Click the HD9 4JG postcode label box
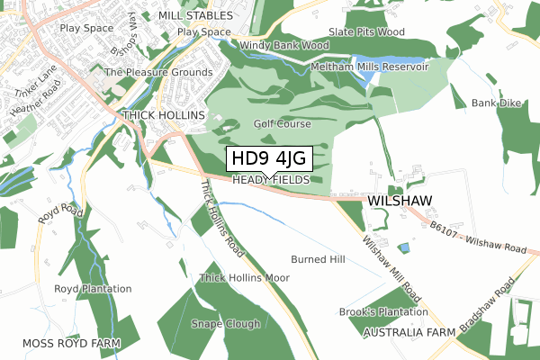pos(269,159)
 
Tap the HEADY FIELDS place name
pos(270,181)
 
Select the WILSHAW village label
pos(400,200)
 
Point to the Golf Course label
pos(282,124)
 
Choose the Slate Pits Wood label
pos(366,31)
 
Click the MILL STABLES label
pos(195,15)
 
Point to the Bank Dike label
pos(496,103)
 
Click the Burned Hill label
pos(318,259)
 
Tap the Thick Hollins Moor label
pos(245,278)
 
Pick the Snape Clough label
pos(226,324)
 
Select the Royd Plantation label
pos(93,289)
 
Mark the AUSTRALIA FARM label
pos(409,333)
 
